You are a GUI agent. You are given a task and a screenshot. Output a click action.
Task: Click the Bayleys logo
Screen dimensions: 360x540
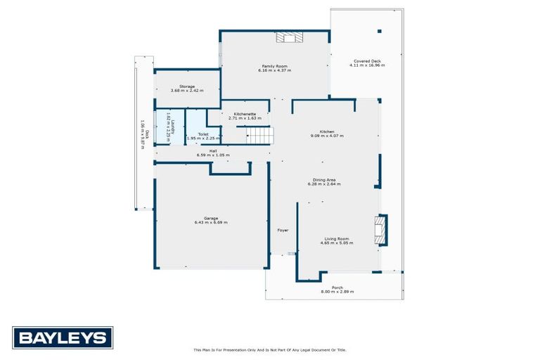tap(63, 337)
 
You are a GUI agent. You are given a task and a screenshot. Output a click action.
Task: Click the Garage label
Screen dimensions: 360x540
tap(211, 218)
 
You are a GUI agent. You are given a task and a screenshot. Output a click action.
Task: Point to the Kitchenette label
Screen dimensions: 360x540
tap(245, 114)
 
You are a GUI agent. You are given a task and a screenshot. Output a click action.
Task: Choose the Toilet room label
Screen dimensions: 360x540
tap(202, 134)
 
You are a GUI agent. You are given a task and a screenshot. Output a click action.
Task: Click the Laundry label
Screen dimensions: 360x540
tap(168, 125)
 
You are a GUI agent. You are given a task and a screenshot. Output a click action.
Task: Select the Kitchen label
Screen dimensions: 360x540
tap(327, 131)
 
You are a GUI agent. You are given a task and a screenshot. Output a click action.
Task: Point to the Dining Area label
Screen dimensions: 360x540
tap(323, 180)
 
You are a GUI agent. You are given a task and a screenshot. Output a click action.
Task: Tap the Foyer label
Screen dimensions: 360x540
tap(283, 230)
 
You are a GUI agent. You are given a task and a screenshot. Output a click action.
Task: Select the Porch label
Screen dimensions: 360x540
tap(337, 287)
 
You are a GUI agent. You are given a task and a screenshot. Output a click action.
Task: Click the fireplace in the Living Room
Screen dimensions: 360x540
tap(380, 230)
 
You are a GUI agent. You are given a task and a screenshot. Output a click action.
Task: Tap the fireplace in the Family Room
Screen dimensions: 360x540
tap(288, 38)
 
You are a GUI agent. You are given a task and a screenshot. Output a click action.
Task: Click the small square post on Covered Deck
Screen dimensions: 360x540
tap(379, 31)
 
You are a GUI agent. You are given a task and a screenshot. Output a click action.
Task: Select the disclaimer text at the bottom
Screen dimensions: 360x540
tap(270, 349)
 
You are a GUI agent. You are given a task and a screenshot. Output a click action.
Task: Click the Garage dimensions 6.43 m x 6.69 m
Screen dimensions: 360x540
tap(211, 222)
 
